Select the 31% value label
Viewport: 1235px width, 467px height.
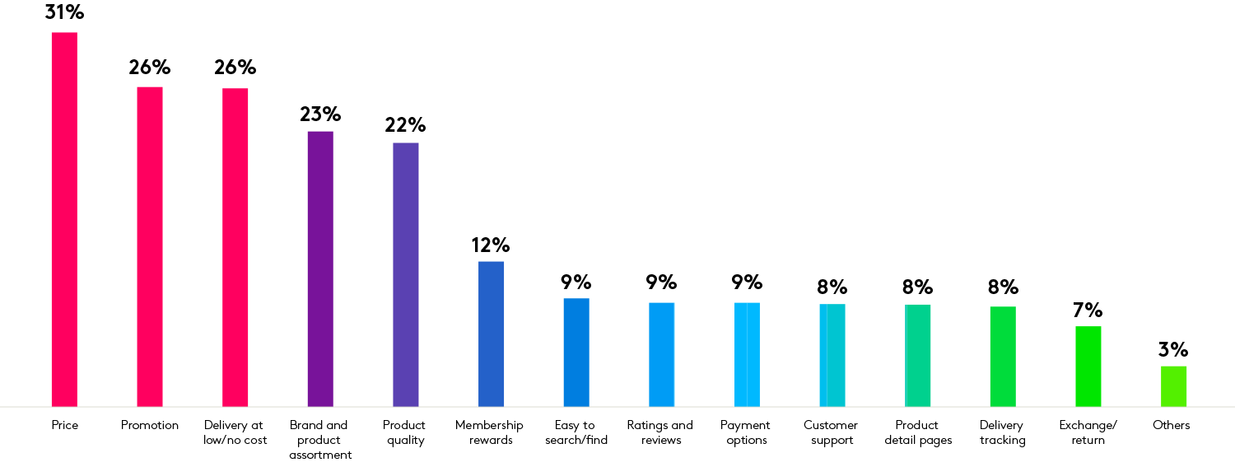64,12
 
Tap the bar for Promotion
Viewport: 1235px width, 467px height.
149,246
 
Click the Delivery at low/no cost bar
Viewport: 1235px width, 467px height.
235,247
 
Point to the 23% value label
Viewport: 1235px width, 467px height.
320,114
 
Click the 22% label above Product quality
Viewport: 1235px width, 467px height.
405,125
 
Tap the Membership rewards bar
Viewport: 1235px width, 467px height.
491,334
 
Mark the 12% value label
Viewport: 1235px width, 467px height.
491,245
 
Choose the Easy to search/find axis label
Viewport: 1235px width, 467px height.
576,432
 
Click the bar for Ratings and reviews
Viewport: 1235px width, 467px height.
661,354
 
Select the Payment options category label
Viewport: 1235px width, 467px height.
746,432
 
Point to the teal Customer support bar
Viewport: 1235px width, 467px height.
832,355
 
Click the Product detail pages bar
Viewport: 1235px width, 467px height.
917,355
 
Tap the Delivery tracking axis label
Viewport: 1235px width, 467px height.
1002,432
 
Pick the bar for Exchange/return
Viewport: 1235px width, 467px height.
1088,366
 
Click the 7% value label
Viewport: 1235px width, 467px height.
1088,311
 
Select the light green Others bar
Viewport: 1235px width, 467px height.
1173,386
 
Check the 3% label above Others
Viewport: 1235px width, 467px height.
1173,350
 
